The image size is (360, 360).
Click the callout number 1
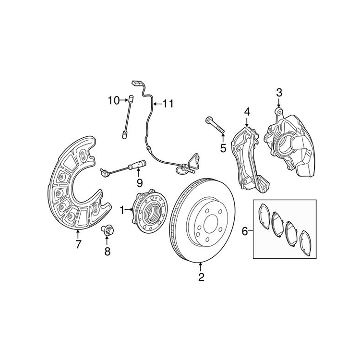pyautogui.click(x=122, y=209)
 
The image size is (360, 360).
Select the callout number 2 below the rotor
pyautogui.click(x=201, y=277)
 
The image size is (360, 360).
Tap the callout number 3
pyautogui.click(x=279, y=92)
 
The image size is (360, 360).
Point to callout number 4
pyautogui.click(x=247, y=112)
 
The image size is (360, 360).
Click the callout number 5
pyautogui.click(x=223, y=148)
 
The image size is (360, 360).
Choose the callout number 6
pyautogui.click(x=245, y=231)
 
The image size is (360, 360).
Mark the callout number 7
pyautogui.click(x=78, y=245)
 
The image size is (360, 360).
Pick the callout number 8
pyautogui.click(x=107, y=252)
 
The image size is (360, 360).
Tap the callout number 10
pyautogui.click(x=113, y=100)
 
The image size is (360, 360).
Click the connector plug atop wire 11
pyautogui.click(x=136, y=84)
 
